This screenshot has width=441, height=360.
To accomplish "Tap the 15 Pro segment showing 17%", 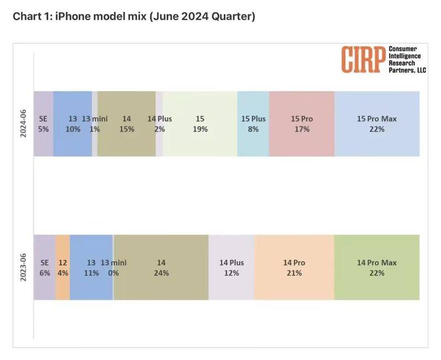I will coord(302,123).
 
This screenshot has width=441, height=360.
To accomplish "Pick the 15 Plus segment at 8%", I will coord(253,123).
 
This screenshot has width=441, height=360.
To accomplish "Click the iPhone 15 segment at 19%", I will coord(200,123).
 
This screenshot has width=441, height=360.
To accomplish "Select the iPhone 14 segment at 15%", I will coord(126,123).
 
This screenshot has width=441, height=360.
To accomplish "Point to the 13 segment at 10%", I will coord(72,123).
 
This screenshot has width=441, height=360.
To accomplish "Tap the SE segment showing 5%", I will coord(44,123).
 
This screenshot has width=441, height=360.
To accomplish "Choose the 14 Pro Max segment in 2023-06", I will coord(377,267).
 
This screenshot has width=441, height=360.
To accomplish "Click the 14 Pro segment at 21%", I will coord(294,267).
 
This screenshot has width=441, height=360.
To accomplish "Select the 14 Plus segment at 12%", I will coord(232,267).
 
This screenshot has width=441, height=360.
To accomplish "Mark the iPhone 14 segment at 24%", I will coord(161,267).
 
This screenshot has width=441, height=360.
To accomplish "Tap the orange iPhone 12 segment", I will coord(63,267).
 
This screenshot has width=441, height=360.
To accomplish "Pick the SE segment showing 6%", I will coord(45,267).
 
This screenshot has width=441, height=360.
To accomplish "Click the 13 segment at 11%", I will coord(91,267).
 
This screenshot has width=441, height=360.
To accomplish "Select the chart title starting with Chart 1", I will coord(134,17).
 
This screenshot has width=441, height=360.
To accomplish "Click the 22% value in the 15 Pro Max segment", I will coord(377,129).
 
